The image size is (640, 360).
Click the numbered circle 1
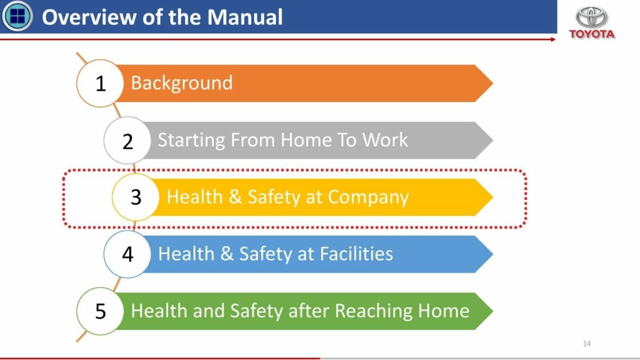point(100,83)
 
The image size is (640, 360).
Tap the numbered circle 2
point(127,140)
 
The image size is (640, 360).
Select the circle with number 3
point(135,197)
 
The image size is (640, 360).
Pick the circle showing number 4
point(127,254)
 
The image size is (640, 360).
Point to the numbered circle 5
point(100,311)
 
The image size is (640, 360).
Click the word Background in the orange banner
point(182,83)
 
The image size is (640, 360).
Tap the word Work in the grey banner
point(385,140)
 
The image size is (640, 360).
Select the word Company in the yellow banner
point(369,198)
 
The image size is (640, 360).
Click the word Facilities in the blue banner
point(356,253)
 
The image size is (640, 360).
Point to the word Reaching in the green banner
point(374,311)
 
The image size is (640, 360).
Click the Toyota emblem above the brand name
point(591,17)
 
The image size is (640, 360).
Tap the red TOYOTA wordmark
point(591,34)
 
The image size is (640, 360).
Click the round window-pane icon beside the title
point(18,16)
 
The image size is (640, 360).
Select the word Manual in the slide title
point(245,17)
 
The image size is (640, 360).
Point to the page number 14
point(587,343)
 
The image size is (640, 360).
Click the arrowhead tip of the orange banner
point(493,83)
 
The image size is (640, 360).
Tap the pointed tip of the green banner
point(493,311)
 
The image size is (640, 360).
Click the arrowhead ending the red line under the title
point(554,39)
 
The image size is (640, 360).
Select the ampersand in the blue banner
point(227,253)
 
